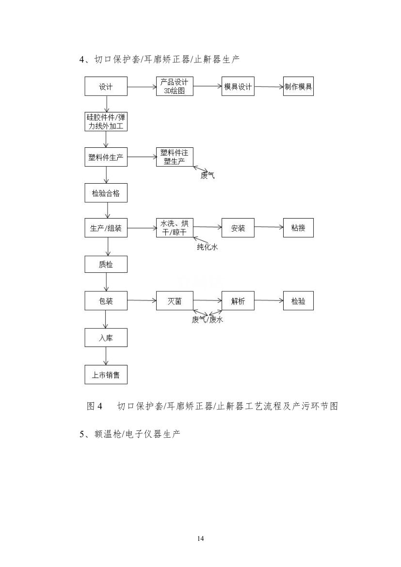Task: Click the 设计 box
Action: coord(106,87)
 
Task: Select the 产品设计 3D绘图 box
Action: coord(175,86)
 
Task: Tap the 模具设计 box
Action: coord(238,87)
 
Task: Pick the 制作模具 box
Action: coord(298,87)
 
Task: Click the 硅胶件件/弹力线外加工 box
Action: coord(106,122)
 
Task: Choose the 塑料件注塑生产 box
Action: coord(175,157)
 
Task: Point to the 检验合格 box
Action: coord(106,193)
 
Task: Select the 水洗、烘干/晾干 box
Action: coord(175,228)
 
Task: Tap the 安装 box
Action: coord(238,228)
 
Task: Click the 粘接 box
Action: coord(298,228)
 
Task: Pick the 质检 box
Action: coord(106,264)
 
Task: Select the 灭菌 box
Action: coord(175,301)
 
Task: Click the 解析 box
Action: coord(238,301)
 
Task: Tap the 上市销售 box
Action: coord(106,375)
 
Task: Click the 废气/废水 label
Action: coord(208,319)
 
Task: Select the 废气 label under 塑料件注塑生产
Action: coord(208,176)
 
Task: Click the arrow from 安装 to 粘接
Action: coord(269,228)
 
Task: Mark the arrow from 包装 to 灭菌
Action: coord(142,301)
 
